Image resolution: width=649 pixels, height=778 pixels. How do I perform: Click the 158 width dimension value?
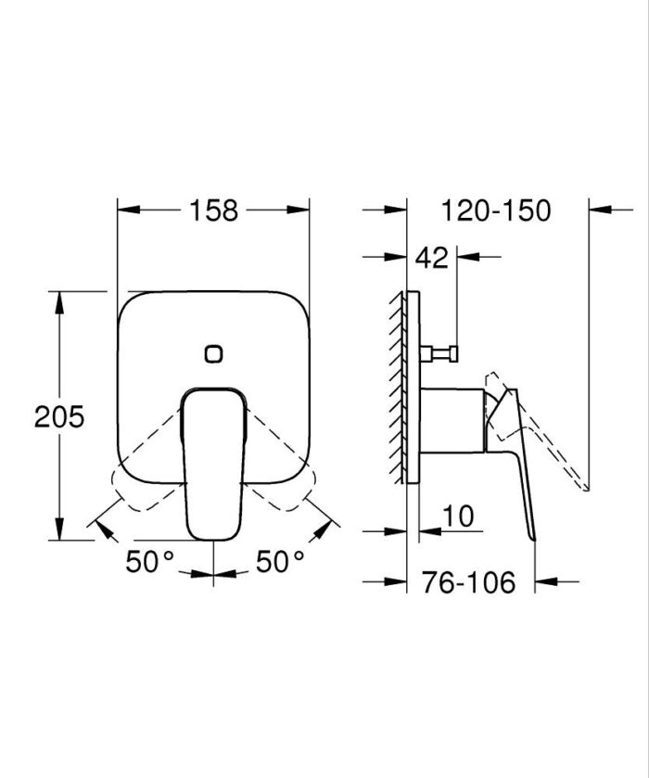214,210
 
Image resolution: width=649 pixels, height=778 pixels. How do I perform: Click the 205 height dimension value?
59,415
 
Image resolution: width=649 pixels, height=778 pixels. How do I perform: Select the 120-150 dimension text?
496,210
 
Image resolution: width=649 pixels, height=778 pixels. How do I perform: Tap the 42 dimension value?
431,257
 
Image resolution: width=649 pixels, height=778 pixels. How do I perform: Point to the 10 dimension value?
458,517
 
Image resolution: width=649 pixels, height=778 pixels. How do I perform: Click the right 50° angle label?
280,561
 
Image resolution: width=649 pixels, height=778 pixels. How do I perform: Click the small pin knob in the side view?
443,352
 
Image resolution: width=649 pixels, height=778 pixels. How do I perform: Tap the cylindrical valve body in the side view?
452,420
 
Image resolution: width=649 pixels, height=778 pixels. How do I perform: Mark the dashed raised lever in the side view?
542,436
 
